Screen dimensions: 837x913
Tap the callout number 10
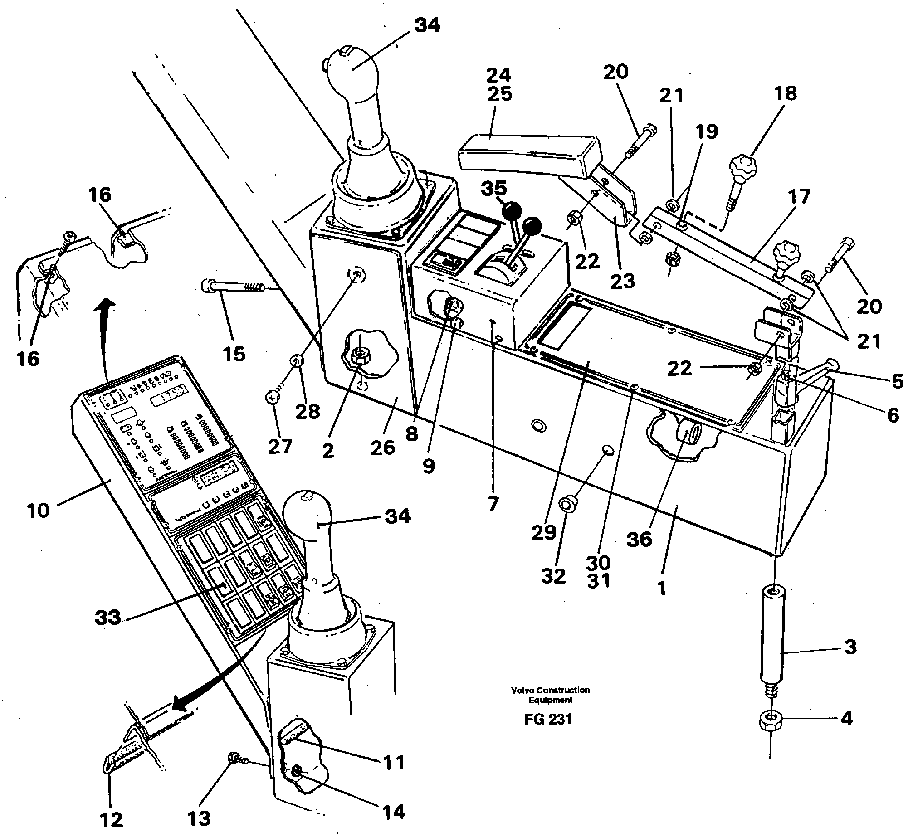coord(38,511)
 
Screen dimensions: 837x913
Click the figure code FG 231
coord(548,732)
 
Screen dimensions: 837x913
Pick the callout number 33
coord(108,617)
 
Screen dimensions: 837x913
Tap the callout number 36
coord(639,540)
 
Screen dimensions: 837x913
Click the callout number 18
coord(786,93)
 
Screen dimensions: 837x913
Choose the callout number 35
coord(494,189)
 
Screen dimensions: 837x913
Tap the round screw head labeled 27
coord(272,398)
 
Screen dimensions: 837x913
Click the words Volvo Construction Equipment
coord(550,695)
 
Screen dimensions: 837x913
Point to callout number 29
coord(544,532)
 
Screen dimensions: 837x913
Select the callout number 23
coord(623,281)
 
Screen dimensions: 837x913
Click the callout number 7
coord(493,503)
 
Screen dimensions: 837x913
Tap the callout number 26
coord(383,448)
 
